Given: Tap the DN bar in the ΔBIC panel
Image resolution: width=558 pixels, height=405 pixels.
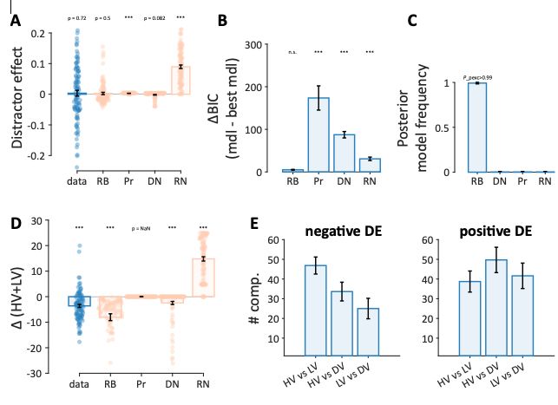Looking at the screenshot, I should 344,154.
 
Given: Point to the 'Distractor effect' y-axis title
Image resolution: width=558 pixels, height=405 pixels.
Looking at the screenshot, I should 17,96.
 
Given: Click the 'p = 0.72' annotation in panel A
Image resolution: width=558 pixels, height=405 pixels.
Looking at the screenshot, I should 76,17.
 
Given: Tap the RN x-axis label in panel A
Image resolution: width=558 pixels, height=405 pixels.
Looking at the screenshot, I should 180,183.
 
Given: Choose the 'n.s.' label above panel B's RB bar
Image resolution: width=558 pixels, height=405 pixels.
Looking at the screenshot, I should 293,51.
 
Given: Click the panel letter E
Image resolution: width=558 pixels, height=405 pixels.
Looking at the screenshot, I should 253,225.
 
